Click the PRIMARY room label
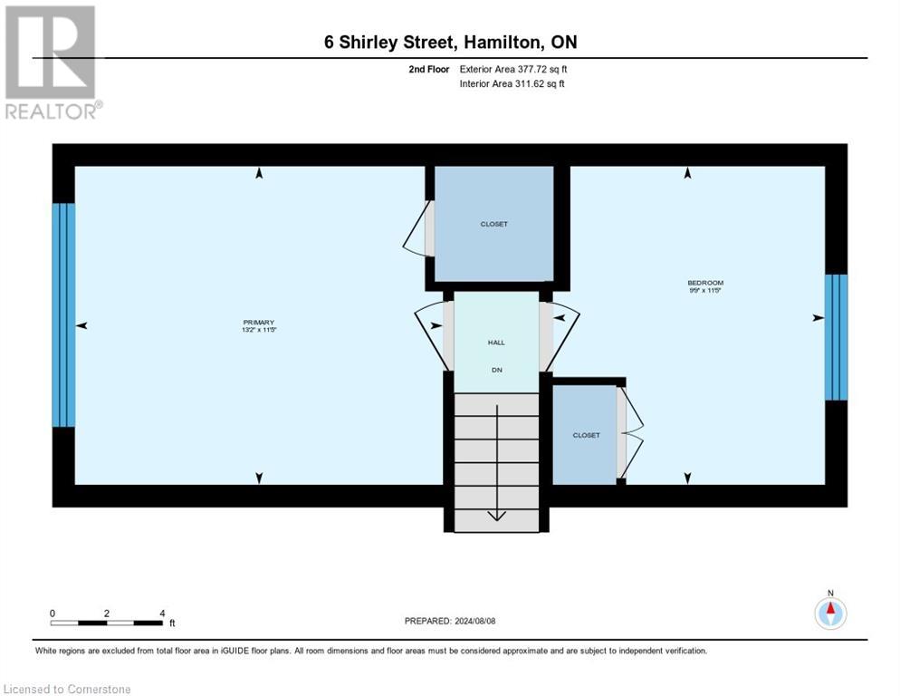coord(258,323)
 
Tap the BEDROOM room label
coord(704,283)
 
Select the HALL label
coord(496,342)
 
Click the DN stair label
coord(496,370)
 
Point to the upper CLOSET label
coord(493,224)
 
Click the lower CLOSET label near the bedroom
coord(586,435)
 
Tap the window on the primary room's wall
coord(63,314)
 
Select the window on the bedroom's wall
coord(836,337)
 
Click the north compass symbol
coord(829,613)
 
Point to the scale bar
coord(107,623)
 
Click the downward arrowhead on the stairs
coord(496,516)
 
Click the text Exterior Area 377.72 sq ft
coord(513,69)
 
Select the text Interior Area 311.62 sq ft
coord(512,84)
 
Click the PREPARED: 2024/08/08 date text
coord(450,621)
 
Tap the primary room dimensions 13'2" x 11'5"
coord(258,331)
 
